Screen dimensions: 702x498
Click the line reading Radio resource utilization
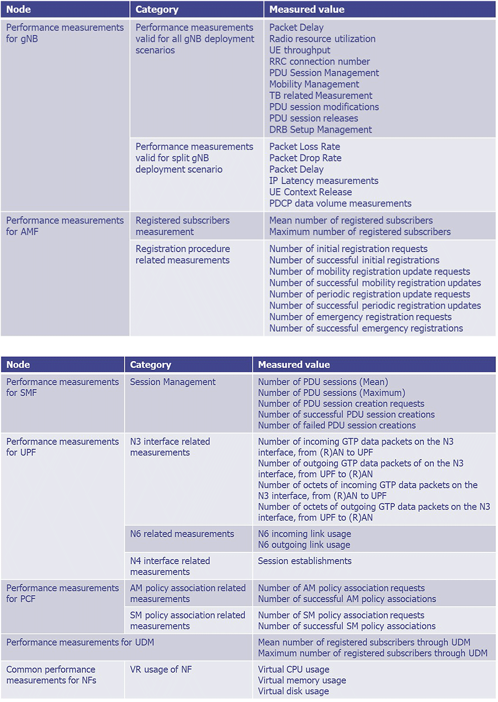pyautogui.click(x=322, y=39)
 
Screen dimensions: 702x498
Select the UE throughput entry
pyautogui.click(x=300, y=50)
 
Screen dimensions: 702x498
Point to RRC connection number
pyautogui.click(x=320, y=62)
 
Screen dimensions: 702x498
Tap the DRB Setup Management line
pyautogui.click(x=321, y=130)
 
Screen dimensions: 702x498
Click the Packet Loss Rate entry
pyautogui.click(x=305, y=147)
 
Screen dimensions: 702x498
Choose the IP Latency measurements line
pyautogui.click(x=324, y=181)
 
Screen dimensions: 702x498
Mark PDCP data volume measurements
pyautogui.click(x=340, y=204)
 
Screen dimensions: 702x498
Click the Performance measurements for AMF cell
pyautogui.click(x=65, y=226)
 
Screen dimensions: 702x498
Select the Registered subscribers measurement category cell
pyautogui.click(x=183, y=226)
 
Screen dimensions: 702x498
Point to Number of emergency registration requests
pyautogui.click(x=361, y=317)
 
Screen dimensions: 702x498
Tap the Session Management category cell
pyautogui.click(x=173, y=382)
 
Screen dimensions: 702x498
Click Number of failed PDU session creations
pyautogui.click(x=337, y=426)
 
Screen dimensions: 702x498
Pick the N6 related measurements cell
pyautogui.click(x=182, y=534)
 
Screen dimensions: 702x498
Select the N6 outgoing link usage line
pyautogui.click(x=304, y=545)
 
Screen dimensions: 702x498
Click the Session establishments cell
pyautogui.click(x=305, y=561)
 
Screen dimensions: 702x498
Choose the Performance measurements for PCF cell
pyautogui.click(x=62, y=593)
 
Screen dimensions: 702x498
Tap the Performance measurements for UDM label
pyautogui.click(x=80, y=643)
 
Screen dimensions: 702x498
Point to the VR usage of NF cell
pyautogui.click(x=161, y=670)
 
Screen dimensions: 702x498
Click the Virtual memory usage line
pyautogui.click(x=302, y=681)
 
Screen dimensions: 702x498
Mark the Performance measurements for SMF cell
pyautogui.click(x=62, y=387)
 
